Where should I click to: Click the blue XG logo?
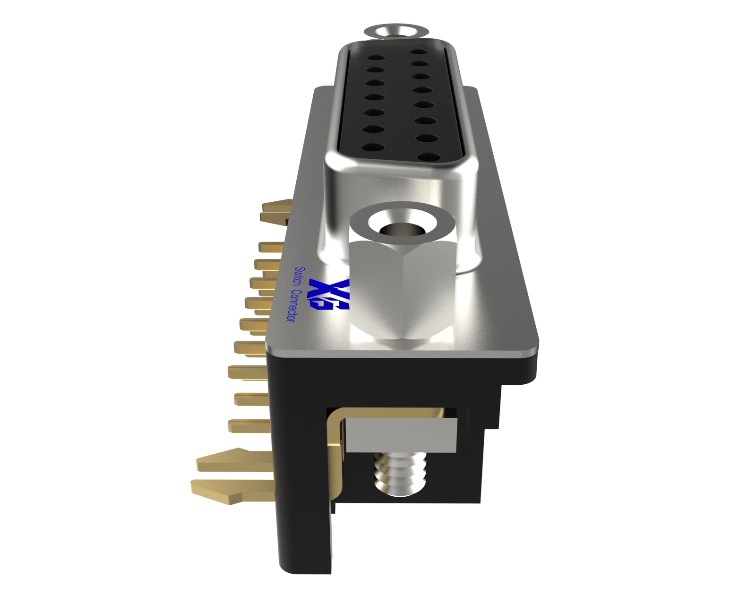(329, 294)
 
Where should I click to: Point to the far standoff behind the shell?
(396, 32)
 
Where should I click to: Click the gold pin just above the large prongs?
(248, 426)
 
